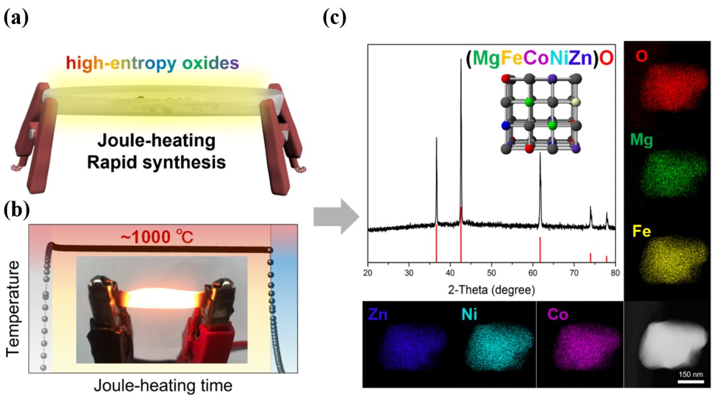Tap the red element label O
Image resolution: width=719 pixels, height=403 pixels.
[642, 57]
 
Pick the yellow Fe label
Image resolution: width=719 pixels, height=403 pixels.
[643, 231]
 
